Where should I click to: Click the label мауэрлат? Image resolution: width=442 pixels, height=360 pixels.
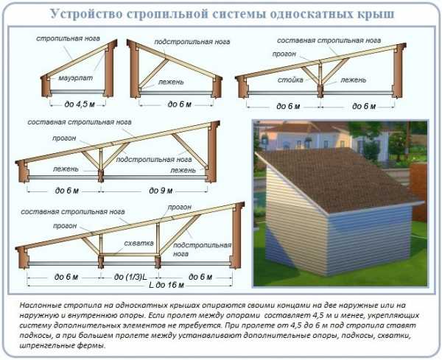tap(76, 78)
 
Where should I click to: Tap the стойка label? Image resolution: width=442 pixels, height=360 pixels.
tap(290, 80)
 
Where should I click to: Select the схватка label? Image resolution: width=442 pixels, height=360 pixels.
tap(139, 243)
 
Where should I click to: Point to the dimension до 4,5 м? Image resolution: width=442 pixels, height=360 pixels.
tap(80, 105)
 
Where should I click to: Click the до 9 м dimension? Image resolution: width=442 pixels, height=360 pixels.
tap(161, 191)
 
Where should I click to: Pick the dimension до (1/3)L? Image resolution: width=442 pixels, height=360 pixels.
tap(130, 277)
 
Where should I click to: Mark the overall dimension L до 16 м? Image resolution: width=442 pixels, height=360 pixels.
tap(166, 285)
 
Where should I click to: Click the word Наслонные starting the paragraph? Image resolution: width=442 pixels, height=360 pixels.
tap(40, 305)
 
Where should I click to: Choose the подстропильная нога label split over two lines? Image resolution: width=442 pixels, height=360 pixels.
tap(202, 250)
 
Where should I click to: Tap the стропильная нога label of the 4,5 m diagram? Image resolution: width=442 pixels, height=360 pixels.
tap(68, 38)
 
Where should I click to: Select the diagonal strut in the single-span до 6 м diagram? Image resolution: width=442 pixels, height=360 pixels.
tap(154, 73)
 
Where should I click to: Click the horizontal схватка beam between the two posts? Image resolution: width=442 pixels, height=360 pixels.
tap(129, 255)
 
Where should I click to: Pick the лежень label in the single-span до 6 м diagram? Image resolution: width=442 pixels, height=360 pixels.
tap(171, 82)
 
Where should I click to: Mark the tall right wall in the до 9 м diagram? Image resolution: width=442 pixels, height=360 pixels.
tap(213, 152)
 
